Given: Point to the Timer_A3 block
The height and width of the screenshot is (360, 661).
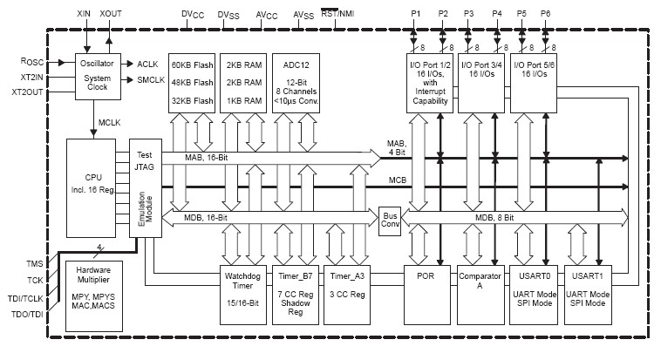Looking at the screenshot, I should [347, 289].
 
